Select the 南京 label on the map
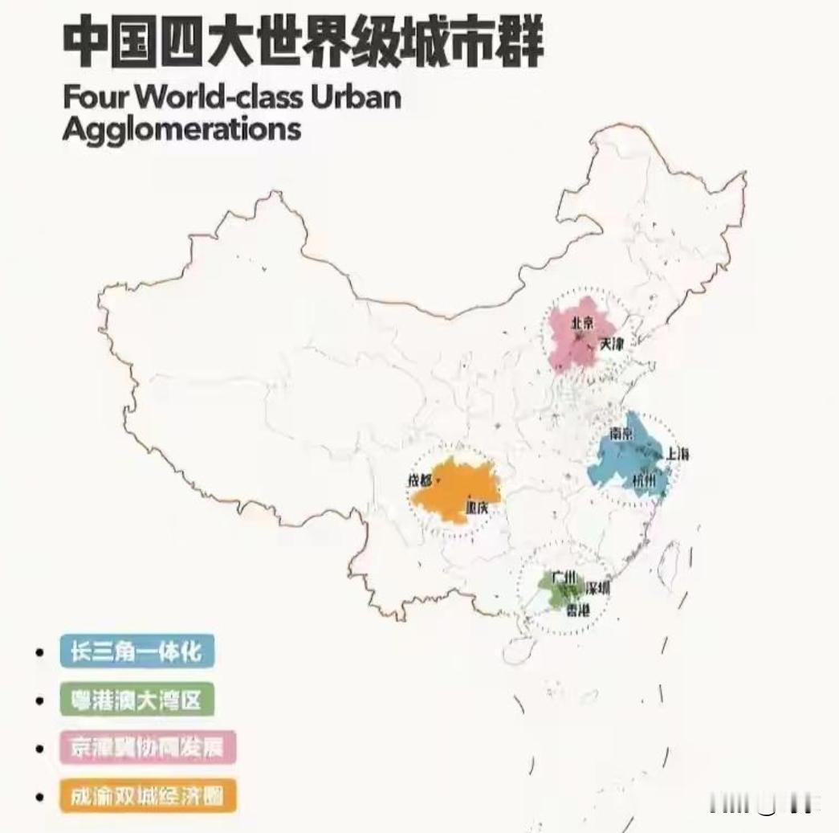[x=622, y=434]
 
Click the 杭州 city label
[x=644, y=482]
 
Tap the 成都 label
[x=419, y=481]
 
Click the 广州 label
[x=564, y=579]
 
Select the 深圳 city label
[x=598, y=588]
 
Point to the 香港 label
[x=577, y=610]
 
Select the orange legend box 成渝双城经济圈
[x=148, y=796]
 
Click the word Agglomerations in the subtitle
[x=181, y=128]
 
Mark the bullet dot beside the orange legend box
[x=39, y=797]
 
